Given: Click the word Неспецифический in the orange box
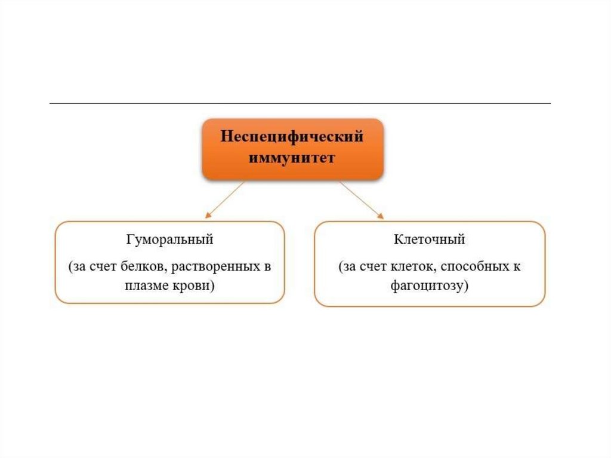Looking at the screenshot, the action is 292,137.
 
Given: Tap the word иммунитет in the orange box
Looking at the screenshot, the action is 292,158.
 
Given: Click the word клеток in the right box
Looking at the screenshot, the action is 407,266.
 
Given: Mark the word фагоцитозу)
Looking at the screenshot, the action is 430,286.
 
